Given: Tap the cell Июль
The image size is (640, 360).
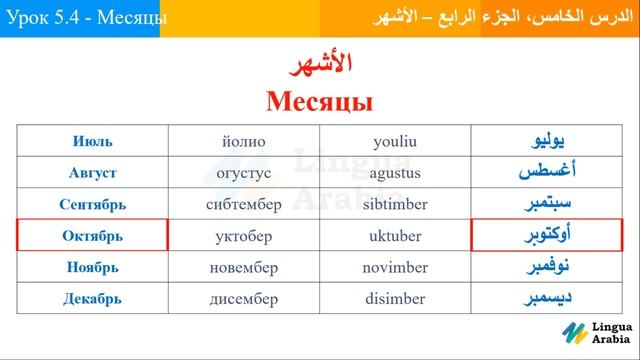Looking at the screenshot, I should coord(92,141).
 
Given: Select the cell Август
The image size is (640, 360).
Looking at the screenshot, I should coord(92,173).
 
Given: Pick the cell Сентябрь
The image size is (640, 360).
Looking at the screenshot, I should coord(92,205).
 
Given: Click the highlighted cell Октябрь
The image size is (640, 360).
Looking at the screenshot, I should coord(92,236).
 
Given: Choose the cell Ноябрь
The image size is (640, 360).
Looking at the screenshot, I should coord(92,268).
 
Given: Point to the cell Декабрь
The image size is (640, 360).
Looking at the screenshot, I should coord(92,299).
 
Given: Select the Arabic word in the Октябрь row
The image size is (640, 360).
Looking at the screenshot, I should coord(545,236).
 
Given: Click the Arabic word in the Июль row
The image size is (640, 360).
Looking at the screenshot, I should coord(545,141).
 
